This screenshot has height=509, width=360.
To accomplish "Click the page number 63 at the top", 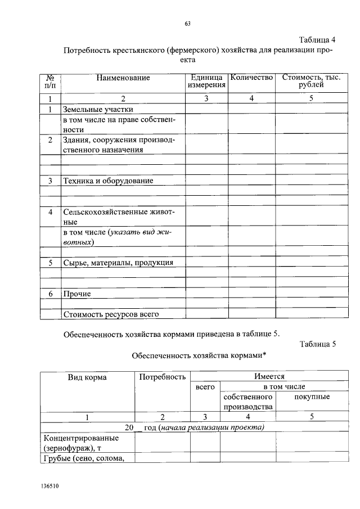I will pos(188,23).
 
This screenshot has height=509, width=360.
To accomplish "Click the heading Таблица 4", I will pos(317,39).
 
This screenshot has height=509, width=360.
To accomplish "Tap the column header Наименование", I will pos(123,78).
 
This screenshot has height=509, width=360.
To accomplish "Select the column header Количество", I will pos(251,77).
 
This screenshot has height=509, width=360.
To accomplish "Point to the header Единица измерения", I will pos(206,81).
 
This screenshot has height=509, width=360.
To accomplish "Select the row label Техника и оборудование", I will pos(108,181).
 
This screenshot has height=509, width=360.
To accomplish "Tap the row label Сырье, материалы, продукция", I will pos(118,263).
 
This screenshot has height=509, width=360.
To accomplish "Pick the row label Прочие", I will pos(77,294).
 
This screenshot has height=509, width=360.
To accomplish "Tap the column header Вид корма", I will pos(87,377).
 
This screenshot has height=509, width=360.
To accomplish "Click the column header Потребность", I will pos(162,377).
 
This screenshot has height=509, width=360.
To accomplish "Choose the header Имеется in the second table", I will pos(268,377).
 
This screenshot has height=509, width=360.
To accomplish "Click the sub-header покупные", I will pos(312,397).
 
